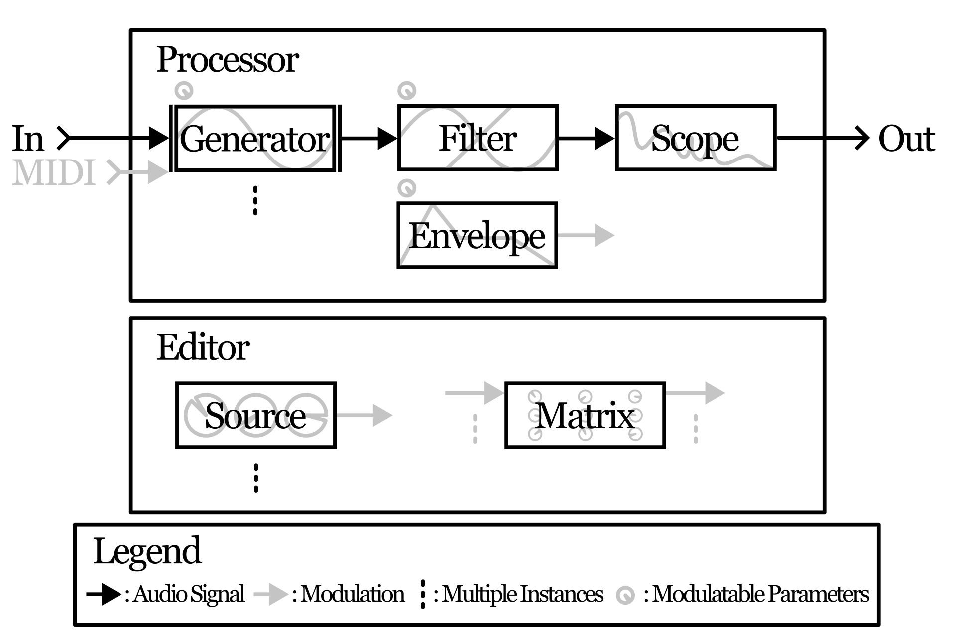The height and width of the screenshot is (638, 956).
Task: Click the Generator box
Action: click(255, 138)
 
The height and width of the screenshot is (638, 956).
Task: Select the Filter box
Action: click(478, 138)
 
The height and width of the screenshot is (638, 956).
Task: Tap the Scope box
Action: click(695, 138)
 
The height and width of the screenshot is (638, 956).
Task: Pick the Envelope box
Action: click(477, 235)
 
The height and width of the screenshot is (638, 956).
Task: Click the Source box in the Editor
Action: click(255, 415)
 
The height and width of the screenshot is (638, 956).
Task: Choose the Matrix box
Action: click(585, 415)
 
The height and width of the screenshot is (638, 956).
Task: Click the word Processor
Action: click(228, 60)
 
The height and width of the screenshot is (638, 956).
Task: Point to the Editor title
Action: click(203, 347)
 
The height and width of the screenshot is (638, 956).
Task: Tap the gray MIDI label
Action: click(54, 173)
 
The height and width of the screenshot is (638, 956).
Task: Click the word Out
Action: click(906, 138)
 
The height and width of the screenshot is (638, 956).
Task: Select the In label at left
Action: click(28, 138)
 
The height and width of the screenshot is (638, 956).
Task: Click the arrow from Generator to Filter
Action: click(369, 138)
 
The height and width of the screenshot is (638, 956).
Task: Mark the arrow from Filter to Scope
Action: click(586, 138)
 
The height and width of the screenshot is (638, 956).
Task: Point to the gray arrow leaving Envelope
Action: click(586, 235)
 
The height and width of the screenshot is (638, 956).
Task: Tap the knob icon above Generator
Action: click(184, 91)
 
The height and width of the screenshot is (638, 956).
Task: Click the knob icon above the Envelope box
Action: click(407, 188)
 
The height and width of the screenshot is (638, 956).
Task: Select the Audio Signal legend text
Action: click(188, 594)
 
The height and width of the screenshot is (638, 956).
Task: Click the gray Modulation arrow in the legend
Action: click(271, 594)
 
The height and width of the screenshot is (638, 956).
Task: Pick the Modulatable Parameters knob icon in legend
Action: click(625, 595)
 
